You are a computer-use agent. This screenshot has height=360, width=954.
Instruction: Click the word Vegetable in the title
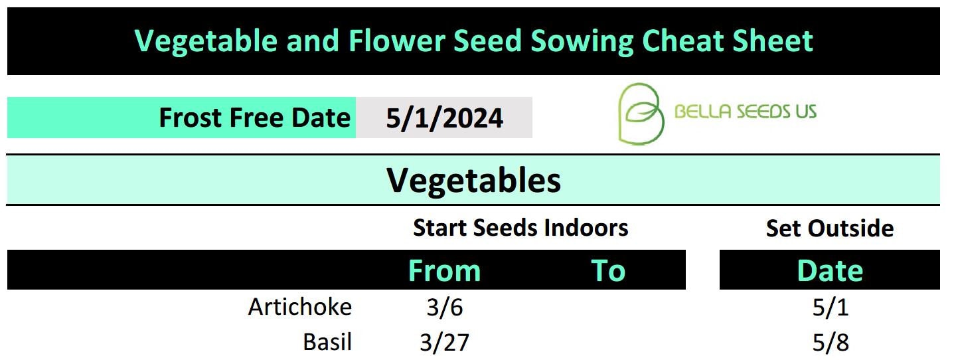(206, 42)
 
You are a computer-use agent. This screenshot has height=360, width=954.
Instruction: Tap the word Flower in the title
(397, 41)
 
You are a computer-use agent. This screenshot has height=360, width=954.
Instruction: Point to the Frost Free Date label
(255, 118)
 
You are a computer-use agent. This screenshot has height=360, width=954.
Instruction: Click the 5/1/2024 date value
(444, 118)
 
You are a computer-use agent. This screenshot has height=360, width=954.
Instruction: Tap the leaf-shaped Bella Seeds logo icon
(641, 114)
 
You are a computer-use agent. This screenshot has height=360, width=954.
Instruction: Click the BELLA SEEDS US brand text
(746, 112)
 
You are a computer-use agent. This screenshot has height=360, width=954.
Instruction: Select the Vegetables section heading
(473, 181)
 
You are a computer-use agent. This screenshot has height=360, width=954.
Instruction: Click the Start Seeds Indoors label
(520, 228)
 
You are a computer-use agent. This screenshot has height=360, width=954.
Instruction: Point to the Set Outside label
(830, 228)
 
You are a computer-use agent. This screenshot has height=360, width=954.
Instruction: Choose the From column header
(444, 270)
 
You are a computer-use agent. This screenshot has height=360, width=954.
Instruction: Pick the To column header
(608, 270)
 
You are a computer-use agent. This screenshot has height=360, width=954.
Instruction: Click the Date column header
(830, 270)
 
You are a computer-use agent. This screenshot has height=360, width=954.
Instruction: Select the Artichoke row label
(300, 307)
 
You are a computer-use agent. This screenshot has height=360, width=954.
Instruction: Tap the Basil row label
(327, 341)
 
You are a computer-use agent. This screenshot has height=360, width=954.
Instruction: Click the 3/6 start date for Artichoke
(445, 307)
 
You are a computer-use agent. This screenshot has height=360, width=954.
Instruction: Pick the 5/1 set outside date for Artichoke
(831, 307)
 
